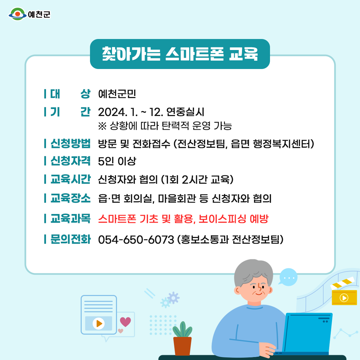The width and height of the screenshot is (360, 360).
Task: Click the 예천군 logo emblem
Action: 17,14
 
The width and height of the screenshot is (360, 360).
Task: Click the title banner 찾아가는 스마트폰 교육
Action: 180,54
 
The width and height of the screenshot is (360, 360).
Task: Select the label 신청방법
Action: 70,143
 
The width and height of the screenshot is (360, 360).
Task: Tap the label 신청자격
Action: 70,161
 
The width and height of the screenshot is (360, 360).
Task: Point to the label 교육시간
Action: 70,179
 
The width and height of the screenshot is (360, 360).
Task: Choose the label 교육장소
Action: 70,198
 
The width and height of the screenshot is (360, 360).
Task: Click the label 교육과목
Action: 70,218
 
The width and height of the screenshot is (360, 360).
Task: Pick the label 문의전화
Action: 70,239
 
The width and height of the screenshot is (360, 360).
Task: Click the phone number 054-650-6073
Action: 136,240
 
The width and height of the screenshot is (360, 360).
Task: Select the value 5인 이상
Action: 117,161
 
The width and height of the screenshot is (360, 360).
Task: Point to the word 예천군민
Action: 117,94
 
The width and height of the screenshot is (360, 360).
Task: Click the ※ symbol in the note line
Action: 102,126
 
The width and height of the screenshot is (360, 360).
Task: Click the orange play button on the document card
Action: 99,323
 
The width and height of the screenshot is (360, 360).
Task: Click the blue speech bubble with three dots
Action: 288,277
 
